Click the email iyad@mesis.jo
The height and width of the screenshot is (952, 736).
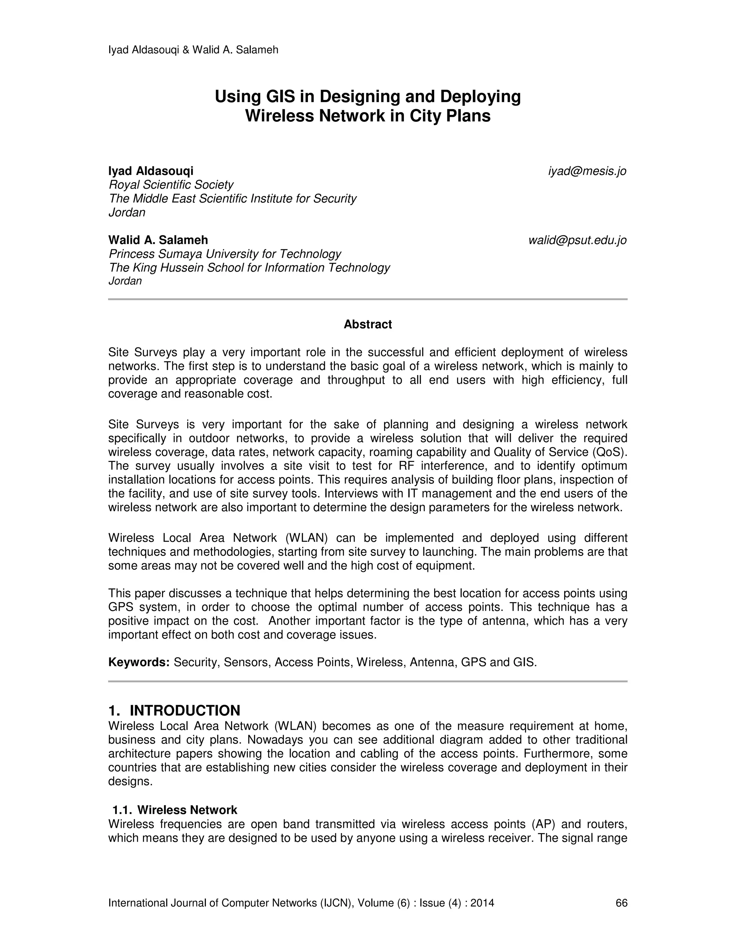coord(587,171)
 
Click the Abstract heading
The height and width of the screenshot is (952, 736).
coord(368,324)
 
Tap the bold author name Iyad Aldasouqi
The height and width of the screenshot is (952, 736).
coord(151,171)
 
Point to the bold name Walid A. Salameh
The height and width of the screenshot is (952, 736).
coord(158,240)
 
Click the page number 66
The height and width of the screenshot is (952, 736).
coord(621,903)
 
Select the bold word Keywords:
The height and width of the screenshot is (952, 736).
coord(139,662)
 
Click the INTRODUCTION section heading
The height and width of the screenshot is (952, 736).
coord(185,711)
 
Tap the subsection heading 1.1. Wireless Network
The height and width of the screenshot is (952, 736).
coord(175,810)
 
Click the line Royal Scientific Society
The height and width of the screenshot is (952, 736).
coord(171,185)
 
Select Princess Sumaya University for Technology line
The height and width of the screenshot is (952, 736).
coord(225,254)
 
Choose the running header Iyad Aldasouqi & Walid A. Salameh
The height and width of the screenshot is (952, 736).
coord(193,50)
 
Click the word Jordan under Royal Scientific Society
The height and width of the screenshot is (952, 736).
coord(127,213)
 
